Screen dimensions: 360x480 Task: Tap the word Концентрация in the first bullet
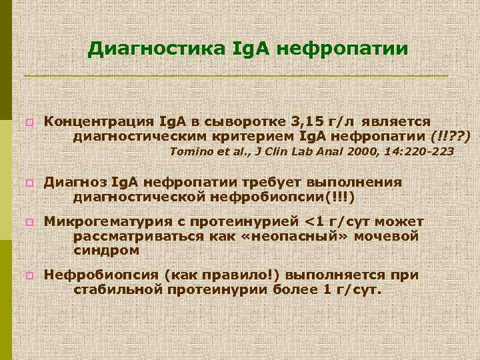coord(99,121)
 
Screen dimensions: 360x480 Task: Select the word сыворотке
coord(251,121)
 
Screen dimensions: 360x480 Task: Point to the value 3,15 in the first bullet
coord(307,121)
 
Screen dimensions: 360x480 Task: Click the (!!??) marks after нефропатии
coord(451,136)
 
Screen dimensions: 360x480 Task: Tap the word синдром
coord(107,251)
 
